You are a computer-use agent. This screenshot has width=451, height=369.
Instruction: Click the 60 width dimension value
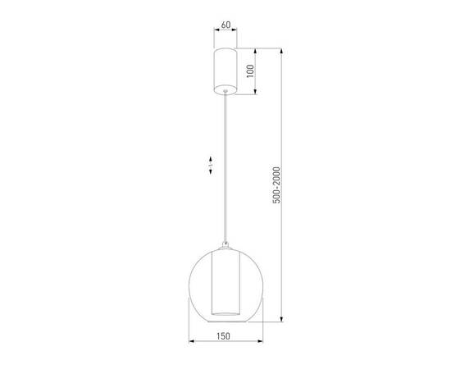[225, 25]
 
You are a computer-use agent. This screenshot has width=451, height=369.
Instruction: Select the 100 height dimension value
[261, 69]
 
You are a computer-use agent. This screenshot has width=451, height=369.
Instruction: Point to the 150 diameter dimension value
[225, 335]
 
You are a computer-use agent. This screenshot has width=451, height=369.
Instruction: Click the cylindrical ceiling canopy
[225, 70]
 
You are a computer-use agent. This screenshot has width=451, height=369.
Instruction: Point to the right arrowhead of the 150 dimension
[260, 340]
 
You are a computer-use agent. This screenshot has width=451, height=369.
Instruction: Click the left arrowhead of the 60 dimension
[214, 32]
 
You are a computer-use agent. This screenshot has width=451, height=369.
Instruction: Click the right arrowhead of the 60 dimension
[236, 32]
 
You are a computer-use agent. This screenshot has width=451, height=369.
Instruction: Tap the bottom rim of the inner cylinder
[225, 314]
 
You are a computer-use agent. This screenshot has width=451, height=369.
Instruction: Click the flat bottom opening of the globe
[225, 321]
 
